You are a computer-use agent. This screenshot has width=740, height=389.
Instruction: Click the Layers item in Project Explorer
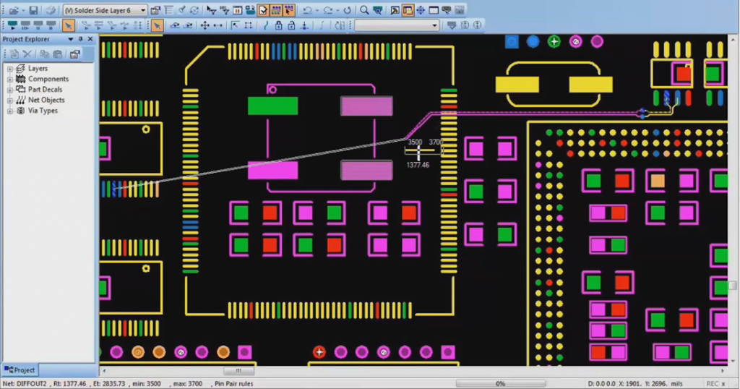(38, 69)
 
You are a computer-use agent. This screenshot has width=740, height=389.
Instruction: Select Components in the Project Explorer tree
(48, 79)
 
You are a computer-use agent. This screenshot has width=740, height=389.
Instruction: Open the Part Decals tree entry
(45, 90)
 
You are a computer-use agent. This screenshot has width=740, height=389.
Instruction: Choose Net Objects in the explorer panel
(46, 100)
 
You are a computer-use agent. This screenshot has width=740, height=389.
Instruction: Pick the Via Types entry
(43, 111)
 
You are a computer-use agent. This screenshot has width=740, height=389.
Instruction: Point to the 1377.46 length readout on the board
(418, 166)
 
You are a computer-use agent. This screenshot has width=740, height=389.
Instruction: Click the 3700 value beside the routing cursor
(435, 142)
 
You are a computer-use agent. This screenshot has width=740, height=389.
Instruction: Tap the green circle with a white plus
(554, 41)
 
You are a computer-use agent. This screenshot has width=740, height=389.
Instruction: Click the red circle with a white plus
(319, 352)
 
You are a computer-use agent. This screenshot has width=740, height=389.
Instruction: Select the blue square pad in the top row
(512, 42)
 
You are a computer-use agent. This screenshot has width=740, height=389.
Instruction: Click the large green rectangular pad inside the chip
(272, 106)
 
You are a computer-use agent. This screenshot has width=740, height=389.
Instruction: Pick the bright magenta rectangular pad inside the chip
(272, 171)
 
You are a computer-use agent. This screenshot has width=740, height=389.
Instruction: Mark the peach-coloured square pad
(657, 181)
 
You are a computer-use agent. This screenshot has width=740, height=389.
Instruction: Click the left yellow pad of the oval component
(517, 85)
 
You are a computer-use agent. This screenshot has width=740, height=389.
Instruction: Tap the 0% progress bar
(499, 384)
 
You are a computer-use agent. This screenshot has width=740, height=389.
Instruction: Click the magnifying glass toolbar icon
(364, 11)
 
